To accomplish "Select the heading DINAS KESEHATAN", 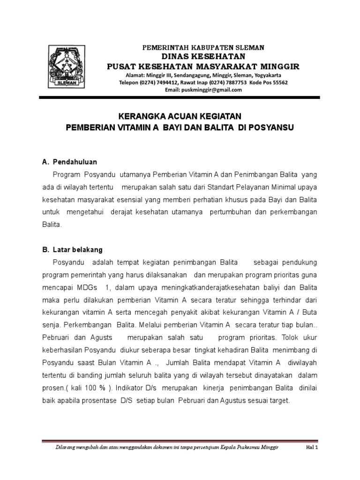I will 203,56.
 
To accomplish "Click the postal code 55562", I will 279,82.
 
